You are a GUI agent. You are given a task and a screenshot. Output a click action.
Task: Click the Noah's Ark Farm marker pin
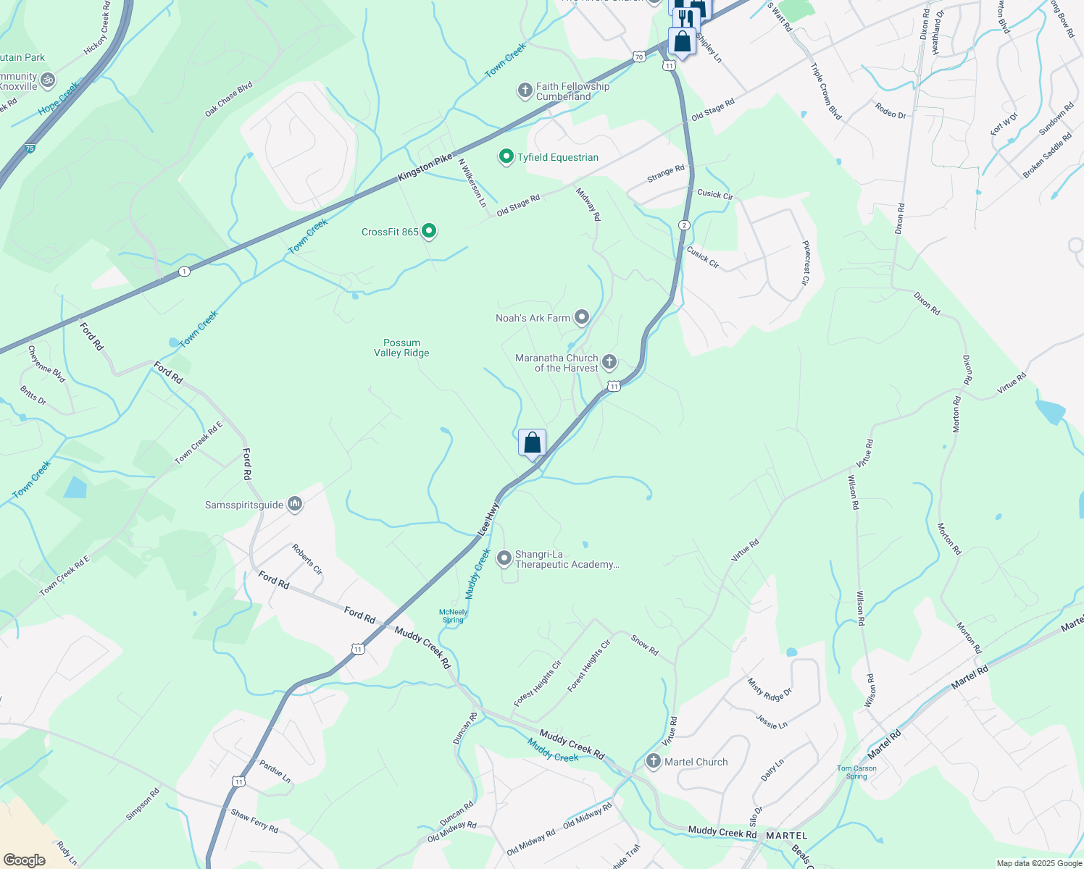click(581, 317)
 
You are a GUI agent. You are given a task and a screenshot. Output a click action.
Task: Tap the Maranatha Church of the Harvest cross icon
click(609, 362)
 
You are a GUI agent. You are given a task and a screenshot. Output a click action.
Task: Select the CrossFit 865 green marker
click(429, 232)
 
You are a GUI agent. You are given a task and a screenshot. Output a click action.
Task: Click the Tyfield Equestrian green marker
click(506, 157)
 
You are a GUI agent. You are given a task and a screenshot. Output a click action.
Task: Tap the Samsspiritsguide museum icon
click(294, 504)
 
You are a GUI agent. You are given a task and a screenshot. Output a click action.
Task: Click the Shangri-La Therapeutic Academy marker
click(504, 559)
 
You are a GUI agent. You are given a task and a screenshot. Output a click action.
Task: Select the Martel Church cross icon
click(653, 761)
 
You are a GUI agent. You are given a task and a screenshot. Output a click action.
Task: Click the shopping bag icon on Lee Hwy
click(533, 443)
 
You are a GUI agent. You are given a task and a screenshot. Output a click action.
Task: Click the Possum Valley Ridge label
click(401, 348)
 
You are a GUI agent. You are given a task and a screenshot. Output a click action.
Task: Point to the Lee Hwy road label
click(488, 520)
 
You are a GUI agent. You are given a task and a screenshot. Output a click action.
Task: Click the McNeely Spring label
click(453, 616)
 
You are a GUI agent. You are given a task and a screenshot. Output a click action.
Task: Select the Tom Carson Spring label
click(856, 772)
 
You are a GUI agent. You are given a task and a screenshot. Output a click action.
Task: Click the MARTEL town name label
click(786, 836)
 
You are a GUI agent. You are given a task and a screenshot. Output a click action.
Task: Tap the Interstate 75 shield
click(30, 148)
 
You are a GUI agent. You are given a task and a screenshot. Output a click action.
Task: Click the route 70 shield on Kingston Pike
click(638, 56)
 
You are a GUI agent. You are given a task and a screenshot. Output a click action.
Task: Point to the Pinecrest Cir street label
click(805, 262)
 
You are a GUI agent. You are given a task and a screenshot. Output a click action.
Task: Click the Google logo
click(24, 860)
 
